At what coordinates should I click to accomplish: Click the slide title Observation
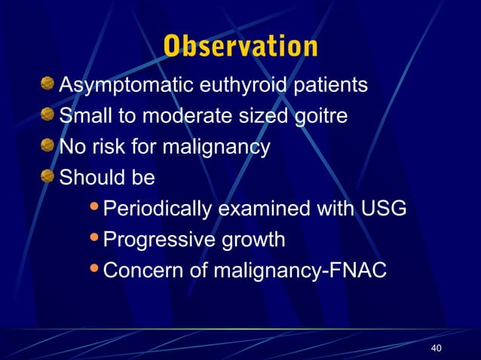pyautogui.click(x=240, y=46)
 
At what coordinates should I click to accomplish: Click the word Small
pyautogui.click(x=84, y=117)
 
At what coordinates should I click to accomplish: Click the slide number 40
pyautogui.click(x=435, y=347)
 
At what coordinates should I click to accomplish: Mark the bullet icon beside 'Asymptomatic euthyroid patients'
pyautogui.click(x=49, y=83)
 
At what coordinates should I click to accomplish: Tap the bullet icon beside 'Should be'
pyautogui.click(x=49, y=176)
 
